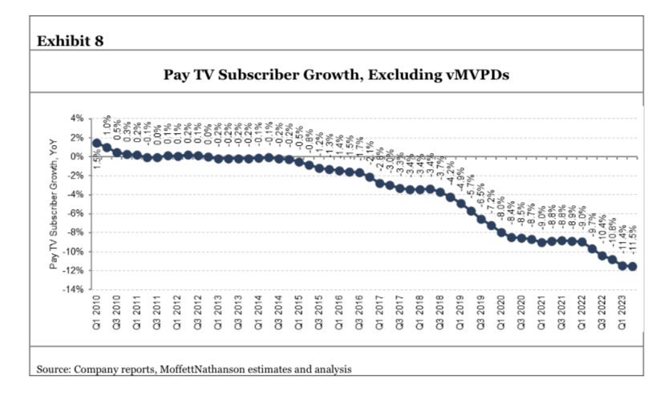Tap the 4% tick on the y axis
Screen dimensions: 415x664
tap(79, 119)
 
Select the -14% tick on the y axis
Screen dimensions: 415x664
tap(75, 290)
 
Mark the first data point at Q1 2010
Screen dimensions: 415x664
tap(97, 143)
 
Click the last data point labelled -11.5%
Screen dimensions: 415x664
tap(634, 267)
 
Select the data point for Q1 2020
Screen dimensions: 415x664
tap(502, 233)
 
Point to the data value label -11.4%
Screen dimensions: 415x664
tap(623, 240)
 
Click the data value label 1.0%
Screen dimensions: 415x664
tap(107, 127)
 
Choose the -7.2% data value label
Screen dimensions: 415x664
tap(492, 199)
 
